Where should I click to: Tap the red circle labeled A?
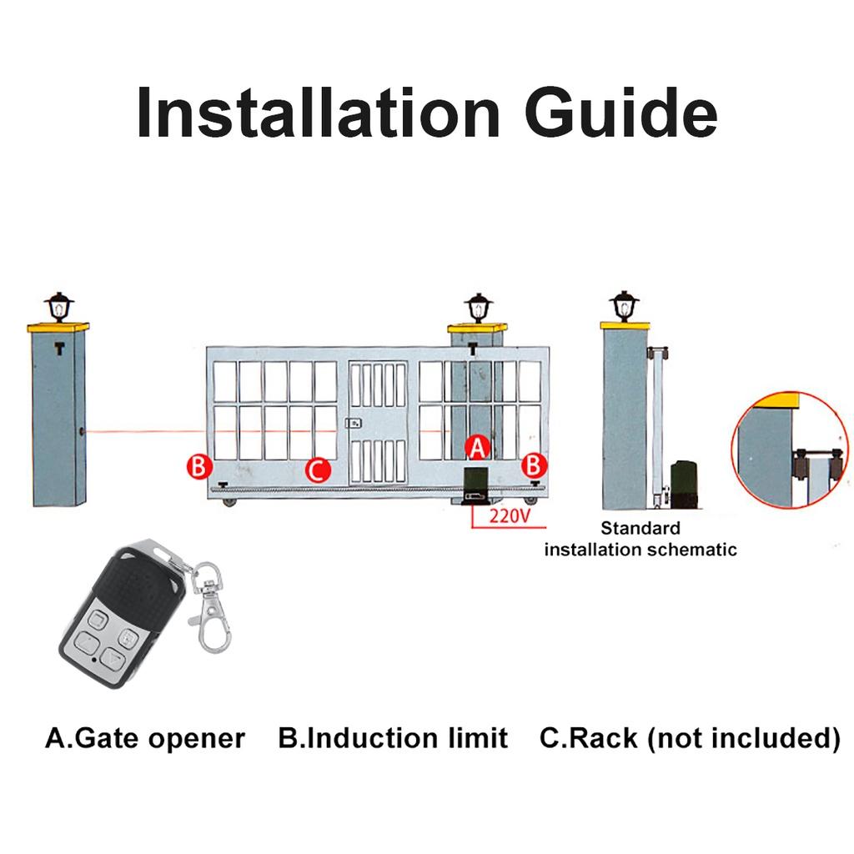pyautogui.click(x=476, y=448)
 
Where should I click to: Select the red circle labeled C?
pyautogui.click(x=317, y=470)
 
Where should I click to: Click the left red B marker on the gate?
pyautogui.click(x=198, y=465)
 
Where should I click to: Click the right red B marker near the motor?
pyautogui.click(x=535, y=465)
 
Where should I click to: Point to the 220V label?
pyautogui.click(x=510, y=515)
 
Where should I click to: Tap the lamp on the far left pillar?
pyautogui.click(x=59, y=308)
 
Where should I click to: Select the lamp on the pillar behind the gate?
pyautogui.click(x=478, y=308)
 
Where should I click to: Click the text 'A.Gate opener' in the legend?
pyautogui.click(x=145, y=738)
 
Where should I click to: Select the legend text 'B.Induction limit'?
pyautogui.click(x=393, y=738)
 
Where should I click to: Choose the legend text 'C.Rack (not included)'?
pyautogui.click(x=690, y=738)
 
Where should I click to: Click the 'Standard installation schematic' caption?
pyautogui.click(x=640, y=539)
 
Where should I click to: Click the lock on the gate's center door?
pyautogui.click(x=354, y=423)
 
